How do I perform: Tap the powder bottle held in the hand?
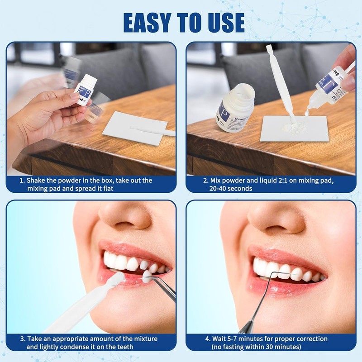point(86,90)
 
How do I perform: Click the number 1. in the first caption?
point(22,181)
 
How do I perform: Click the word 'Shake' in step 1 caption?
point(38,181)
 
